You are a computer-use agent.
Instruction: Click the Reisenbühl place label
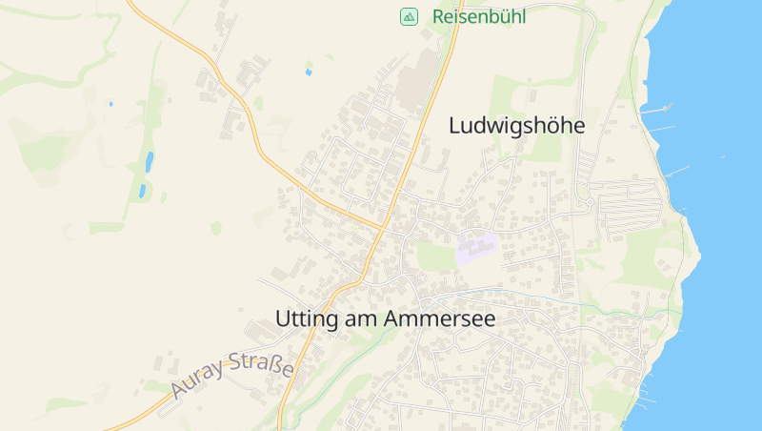478,16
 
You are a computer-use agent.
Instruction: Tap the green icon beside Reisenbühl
408,16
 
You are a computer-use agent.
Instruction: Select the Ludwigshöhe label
515,125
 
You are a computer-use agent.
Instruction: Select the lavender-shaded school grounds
476,248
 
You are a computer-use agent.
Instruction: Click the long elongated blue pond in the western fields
149,161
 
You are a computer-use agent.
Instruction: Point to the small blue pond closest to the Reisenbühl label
308,72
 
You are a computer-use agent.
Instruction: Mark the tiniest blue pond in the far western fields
110,103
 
